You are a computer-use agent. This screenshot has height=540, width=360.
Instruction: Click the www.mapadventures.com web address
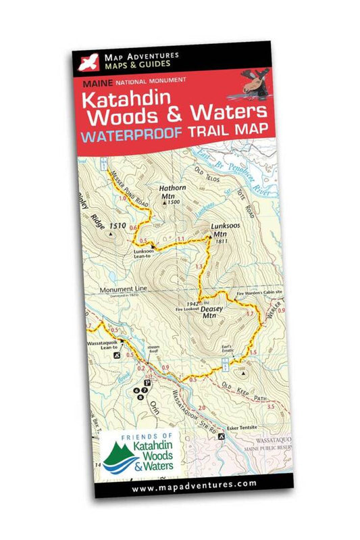tap(195, 485)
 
